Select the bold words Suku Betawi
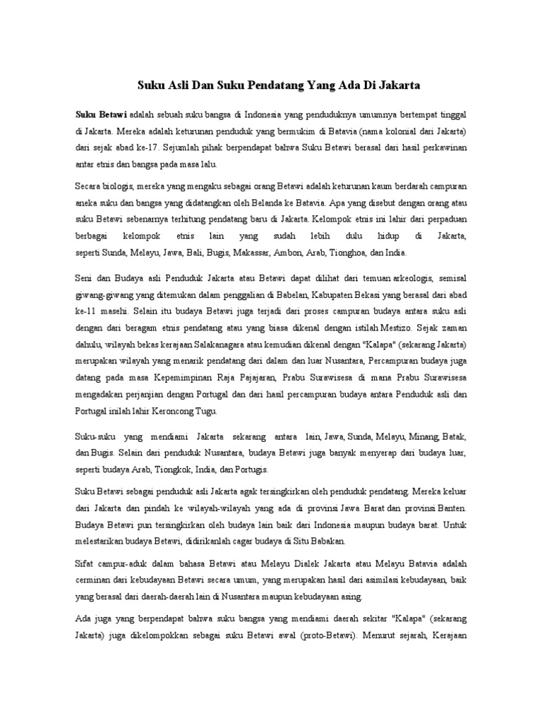pyautogui.click(x=97, y=114)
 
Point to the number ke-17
pyautogui.click(x=147, y=148)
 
